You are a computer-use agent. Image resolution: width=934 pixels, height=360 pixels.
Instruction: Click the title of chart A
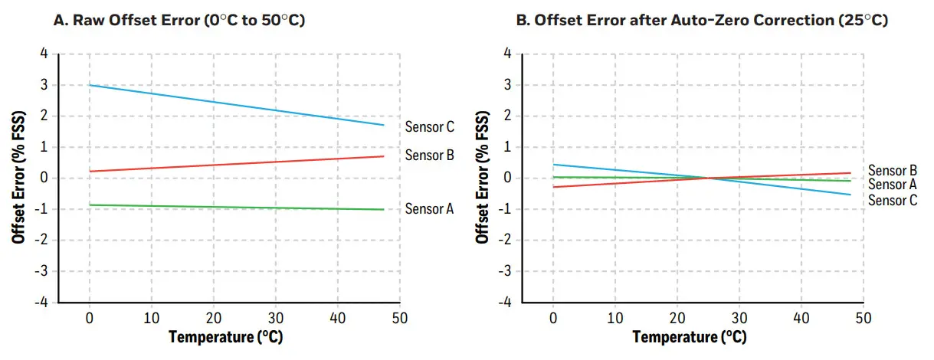click(x=179, y=21)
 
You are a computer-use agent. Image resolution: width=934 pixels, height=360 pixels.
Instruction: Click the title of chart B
click(x=702, y=21)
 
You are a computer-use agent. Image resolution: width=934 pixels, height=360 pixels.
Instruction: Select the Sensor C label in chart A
click(x=430, y=127)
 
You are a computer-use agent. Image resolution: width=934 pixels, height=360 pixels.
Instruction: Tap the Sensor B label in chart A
click(x=430, y=155)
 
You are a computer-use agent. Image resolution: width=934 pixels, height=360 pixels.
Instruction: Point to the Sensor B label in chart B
click(x=893, y=170)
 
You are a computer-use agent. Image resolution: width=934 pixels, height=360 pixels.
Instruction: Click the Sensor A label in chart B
click(x=893, y=185)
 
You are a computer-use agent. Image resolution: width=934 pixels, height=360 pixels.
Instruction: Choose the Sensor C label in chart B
click(x=893, y=200)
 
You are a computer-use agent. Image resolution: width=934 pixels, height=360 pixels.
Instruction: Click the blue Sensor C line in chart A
click(x=230, y=103)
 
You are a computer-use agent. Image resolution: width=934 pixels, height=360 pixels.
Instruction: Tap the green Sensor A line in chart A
click(x=230, y=207)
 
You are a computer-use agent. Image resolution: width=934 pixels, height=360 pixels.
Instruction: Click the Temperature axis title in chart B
click(x=690, y=336)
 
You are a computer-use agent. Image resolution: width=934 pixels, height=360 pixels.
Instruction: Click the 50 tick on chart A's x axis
click(x=399, y=317)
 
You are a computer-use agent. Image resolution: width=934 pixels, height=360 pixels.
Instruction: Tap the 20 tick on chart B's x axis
click(x=677, y=317)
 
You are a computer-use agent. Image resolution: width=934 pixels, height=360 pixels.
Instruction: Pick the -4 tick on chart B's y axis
click(x=506, y=302)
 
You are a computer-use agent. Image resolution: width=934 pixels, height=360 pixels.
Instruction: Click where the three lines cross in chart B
click(x=709, y=178)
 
